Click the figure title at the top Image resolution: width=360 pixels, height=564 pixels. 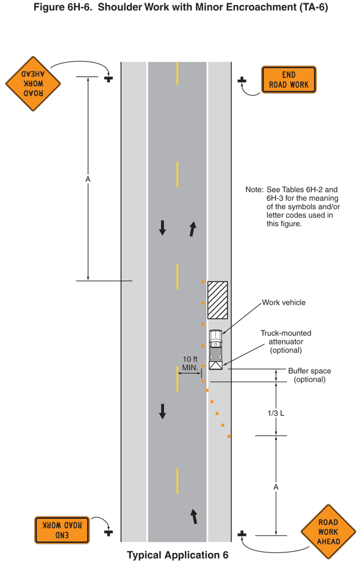(180, 8)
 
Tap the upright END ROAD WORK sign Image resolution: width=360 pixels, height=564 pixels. (289, 79)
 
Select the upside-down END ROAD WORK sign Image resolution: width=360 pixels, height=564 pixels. (62, 529)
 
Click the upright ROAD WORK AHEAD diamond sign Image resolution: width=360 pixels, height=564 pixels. (328, 531)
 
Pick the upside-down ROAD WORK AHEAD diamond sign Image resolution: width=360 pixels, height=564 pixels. (33, 84)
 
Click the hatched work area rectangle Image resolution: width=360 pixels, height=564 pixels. (217, 300)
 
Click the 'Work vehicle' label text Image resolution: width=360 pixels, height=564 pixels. (284, 302)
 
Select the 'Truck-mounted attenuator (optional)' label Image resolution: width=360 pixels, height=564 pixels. (286, 341)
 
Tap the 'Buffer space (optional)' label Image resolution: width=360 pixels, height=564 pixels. (309, 375)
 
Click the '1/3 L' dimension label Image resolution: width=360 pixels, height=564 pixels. (276, 413)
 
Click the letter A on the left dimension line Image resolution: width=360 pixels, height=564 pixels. (88, 179)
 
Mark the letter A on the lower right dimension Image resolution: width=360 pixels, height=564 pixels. (276, 487)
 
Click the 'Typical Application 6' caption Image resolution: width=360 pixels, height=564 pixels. (178, 555)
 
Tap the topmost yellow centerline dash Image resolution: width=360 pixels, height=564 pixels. (178, 73)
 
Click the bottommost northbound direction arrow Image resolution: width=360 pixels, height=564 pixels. (194, 516)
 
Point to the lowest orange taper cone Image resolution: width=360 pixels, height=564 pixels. (229, 436)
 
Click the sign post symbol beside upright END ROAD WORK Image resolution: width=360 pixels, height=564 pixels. (242, 80)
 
